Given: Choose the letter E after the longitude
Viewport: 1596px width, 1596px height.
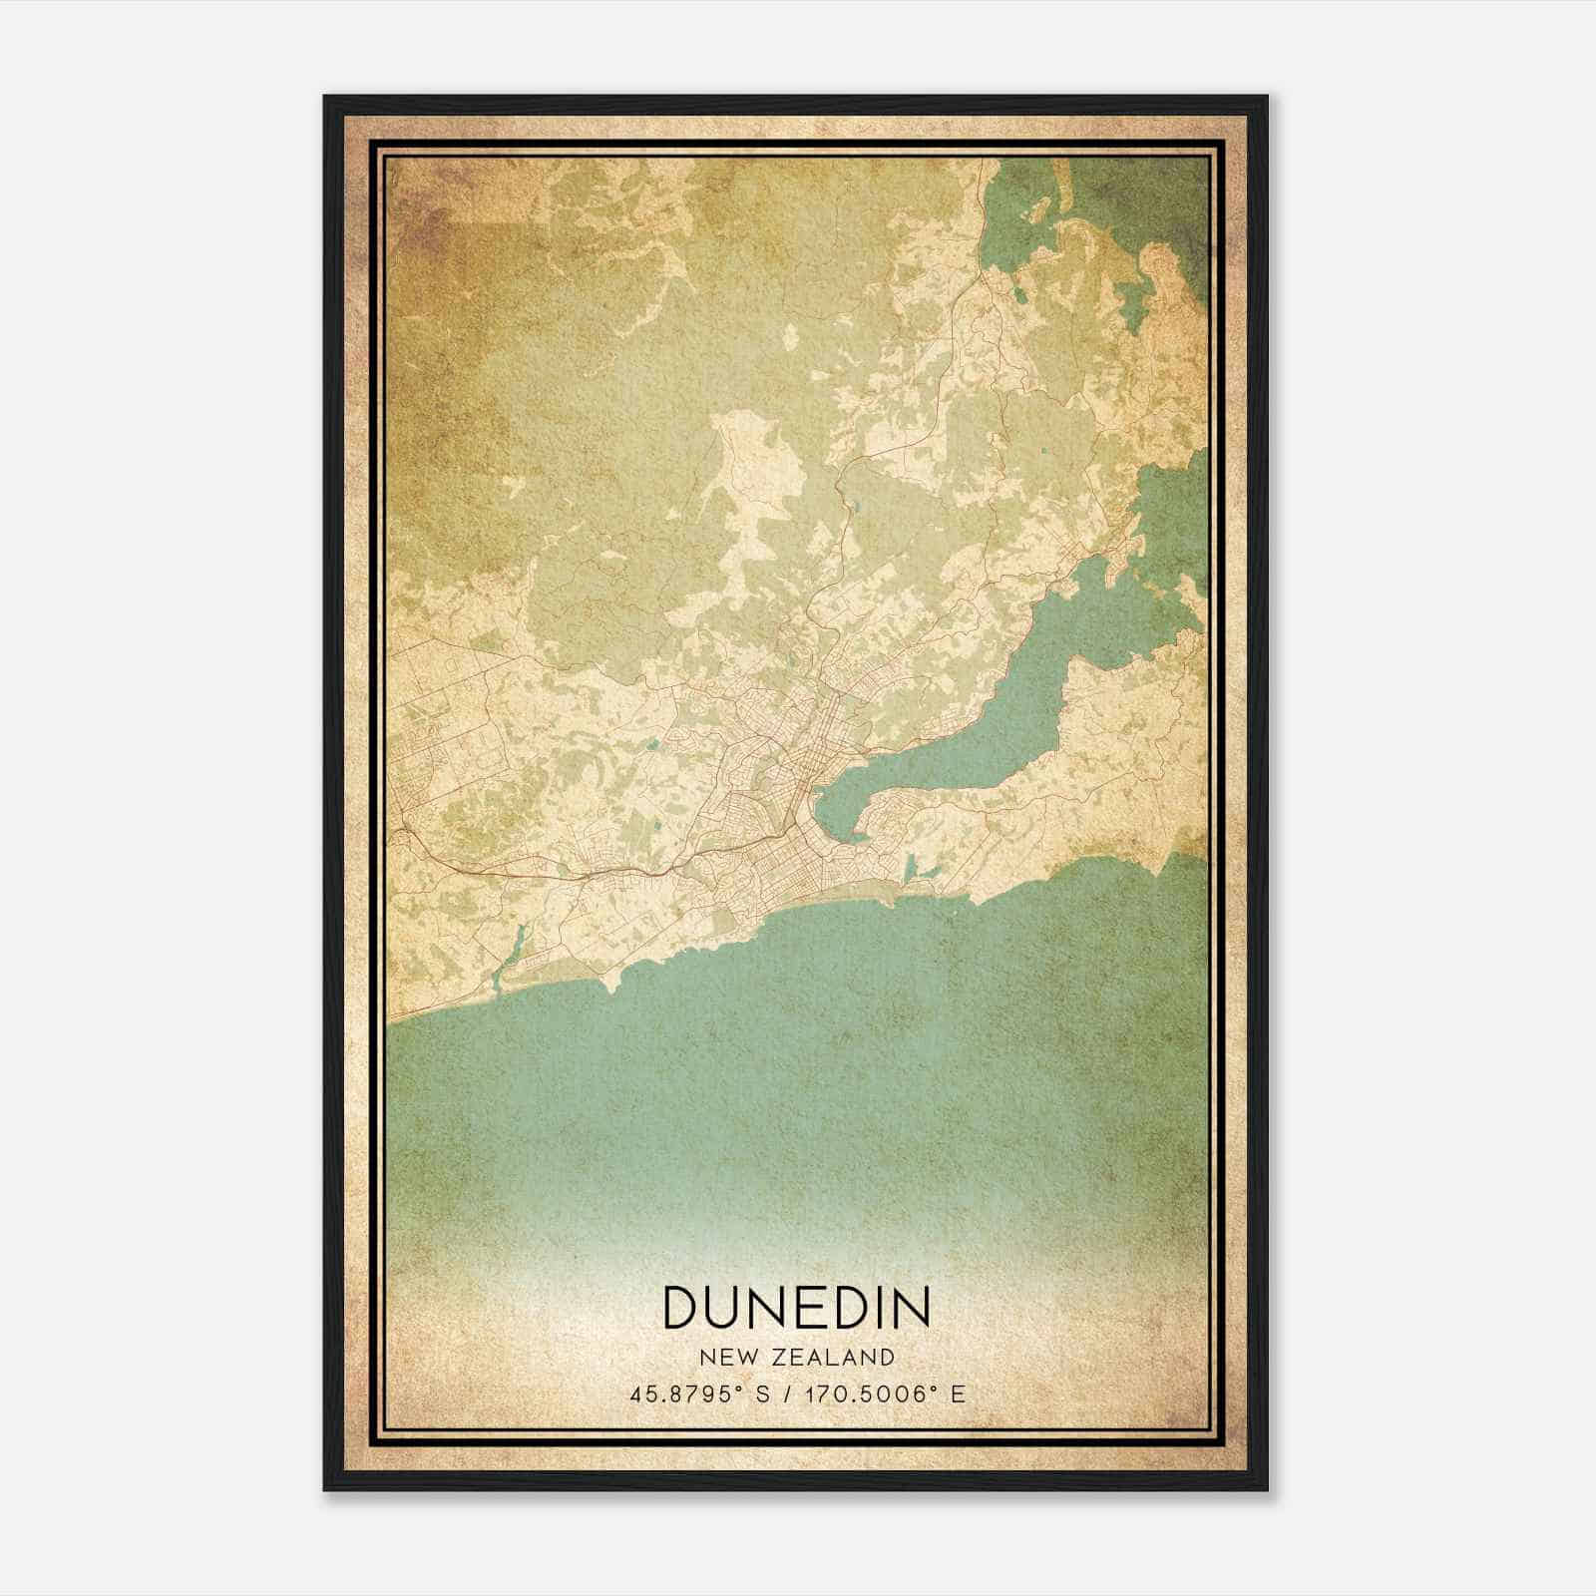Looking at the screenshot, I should (x=958, y=1395).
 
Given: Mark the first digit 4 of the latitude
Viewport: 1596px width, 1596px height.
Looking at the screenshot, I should (x=634, y=1395).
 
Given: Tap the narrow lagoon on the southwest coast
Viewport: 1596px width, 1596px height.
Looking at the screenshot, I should (x=509, y=953).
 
